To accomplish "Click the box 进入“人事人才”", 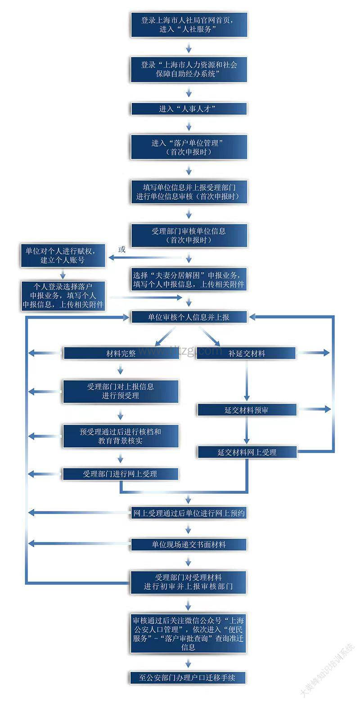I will pyautogui.click(x=189, y=109).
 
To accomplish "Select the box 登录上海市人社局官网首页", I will pyautogui.click(x=189, y=25).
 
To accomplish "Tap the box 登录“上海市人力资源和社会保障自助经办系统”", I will pyautogui.click(x=189, y=69).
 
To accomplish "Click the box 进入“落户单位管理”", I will pyautogui.click(x=189, y=147).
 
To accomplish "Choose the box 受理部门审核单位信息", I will pyautogui.click(x=189, y=235).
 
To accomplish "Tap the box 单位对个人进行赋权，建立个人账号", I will pyautogui.click(x=63, y=255).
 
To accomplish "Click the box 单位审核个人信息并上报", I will pyautogui.click(x=189, y=317).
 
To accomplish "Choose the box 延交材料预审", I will pyautogui.click(x=247, y=410).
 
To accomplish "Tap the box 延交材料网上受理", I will pyautogui.click(x=247, y=452).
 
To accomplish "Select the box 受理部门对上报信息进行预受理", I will pyautogui.click(x=121, y=391).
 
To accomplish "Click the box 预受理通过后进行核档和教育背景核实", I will pyautogui.click(x=121, y=436).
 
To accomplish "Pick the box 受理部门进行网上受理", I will pyautogui.click(x=121, y=473).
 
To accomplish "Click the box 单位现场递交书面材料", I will pyautogui.click(x=189, y=544).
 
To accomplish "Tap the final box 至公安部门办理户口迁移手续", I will pyautogui.click(x=189, y=677).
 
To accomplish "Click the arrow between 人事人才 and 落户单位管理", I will pyautogui.click(x=189, y=127).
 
